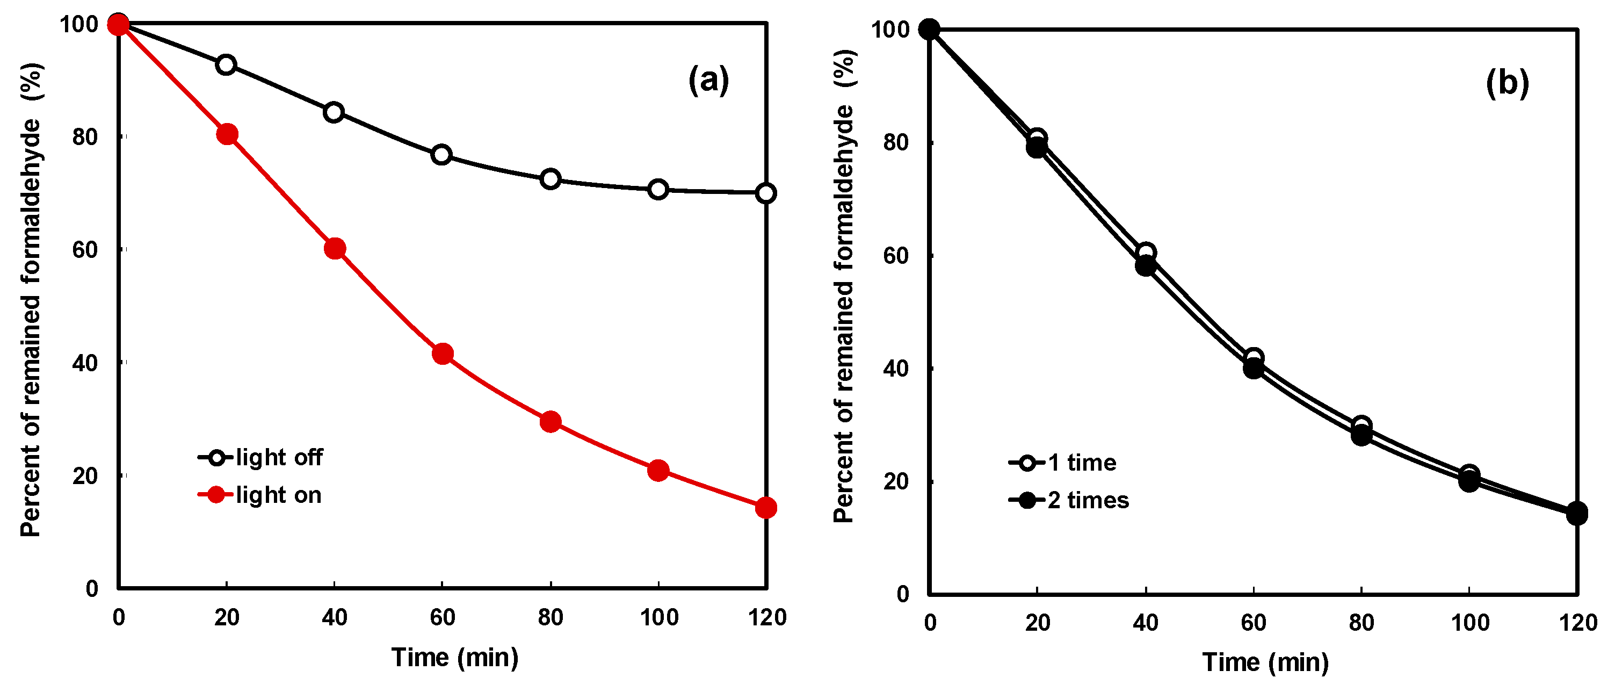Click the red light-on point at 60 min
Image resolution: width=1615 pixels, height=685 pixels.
[443, 355]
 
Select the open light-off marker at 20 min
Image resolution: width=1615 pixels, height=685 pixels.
[226, 65]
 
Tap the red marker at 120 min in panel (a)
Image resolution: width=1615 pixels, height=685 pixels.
[766, 508]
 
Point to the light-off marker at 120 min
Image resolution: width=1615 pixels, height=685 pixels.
[766, 193]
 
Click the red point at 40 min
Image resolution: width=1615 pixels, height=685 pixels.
[335, 249]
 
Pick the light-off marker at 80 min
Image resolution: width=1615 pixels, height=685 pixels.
[551, 179]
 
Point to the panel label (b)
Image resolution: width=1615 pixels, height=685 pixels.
[1507, 83]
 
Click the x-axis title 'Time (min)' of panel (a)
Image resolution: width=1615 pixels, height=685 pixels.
[455, 658]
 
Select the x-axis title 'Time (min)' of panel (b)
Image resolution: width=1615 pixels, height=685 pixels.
[1265, 662]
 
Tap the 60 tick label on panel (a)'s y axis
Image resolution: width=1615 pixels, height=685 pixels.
[85, 250]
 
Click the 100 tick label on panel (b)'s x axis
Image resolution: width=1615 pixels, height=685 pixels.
[1469, 623]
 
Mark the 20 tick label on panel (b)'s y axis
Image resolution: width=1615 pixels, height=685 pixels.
[896, 482]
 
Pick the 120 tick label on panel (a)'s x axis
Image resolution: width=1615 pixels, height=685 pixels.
[767, 618]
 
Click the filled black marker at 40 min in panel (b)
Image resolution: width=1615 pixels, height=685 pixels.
[1146, 266]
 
